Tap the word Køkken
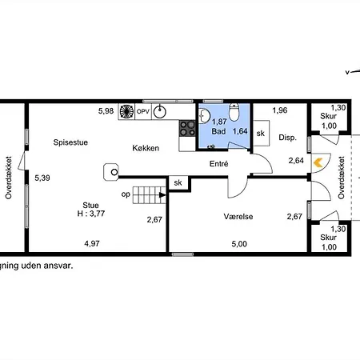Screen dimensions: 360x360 tap(148, 148)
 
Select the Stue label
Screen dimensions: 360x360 tap(91, 204)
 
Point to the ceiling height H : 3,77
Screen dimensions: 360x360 tap(91, 214)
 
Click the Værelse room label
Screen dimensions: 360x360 tap(238, 216)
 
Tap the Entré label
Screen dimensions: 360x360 tap(218, 163)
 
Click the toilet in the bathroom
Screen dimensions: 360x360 tap(234, 112)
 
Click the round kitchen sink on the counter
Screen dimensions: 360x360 tap(160, 111)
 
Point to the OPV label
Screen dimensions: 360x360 tap(143, 111)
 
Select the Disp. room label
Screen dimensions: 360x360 tap(287, 138)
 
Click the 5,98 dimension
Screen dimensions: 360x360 tap(106, 110)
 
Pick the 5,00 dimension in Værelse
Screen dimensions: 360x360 tap(238, 244)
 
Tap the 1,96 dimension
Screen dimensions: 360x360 tap(279, 110)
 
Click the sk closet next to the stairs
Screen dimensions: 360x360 tap(177, 183)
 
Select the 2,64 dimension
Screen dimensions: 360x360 tap(295, 161)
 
